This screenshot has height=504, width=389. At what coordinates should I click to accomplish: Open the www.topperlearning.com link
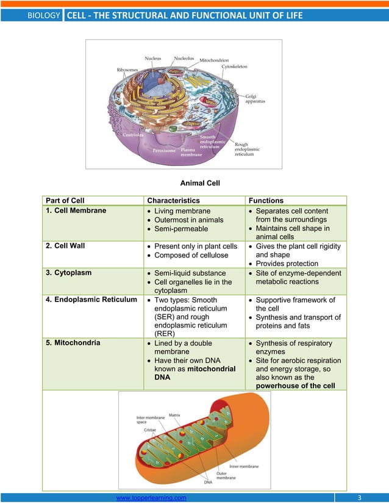(151, 498)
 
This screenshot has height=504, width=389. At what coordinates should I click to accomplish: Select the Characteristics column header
(173, 200)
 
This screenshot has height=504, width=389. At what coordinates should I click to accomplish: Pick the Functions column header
(266, 200)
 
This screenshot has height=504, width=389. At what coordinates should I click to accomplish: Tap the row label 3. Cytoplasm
(69, 273)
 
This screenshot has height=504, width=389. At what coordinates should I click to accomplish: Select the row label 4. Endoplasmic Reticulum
(91, 300)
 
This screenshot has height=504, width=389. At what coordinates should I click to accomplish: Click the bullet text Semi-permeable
(181, 228)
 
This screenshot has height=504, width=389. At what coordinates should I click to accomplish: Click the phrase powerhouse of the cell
(296, 386)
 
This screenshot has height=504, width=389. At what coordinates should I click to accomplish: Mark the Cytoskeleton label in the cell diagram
(234, 66)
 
